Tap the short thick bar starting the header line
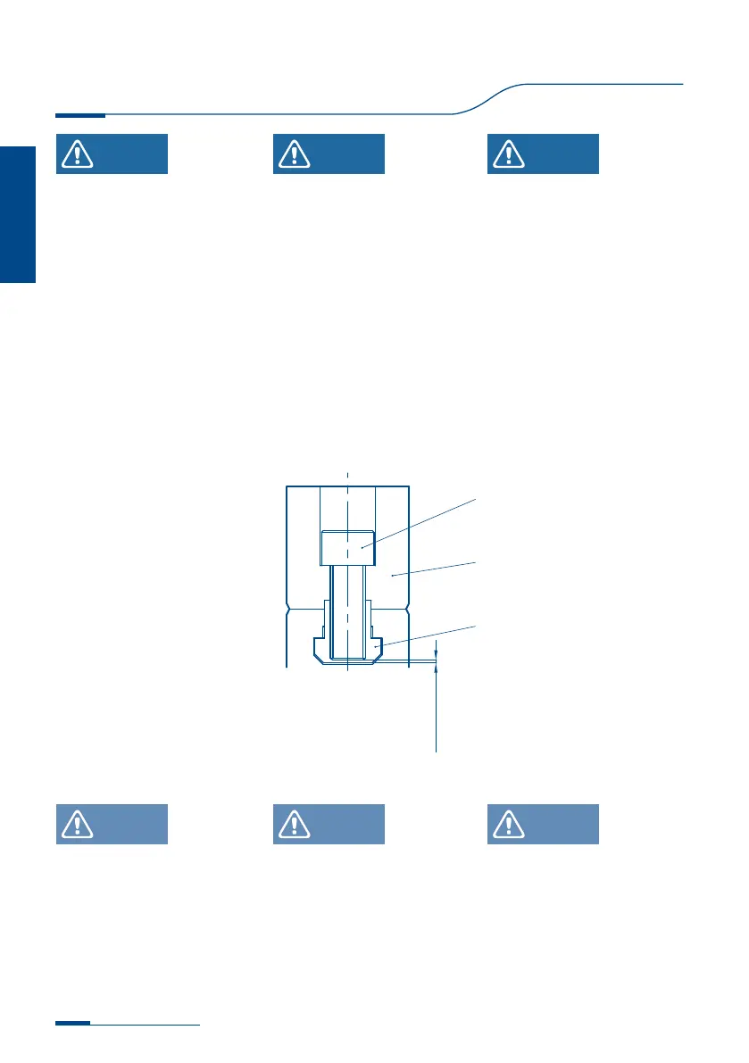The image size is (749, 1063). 79,115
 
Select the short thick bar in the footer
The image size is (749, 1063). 72,1024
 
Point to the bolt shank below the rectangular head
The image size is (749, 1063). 346,607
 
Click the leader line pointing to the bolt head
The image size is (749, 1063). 420,522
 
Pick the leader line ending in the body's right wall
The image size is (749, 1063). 433,569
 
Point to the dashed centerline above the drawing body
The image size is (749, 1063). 347,478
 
